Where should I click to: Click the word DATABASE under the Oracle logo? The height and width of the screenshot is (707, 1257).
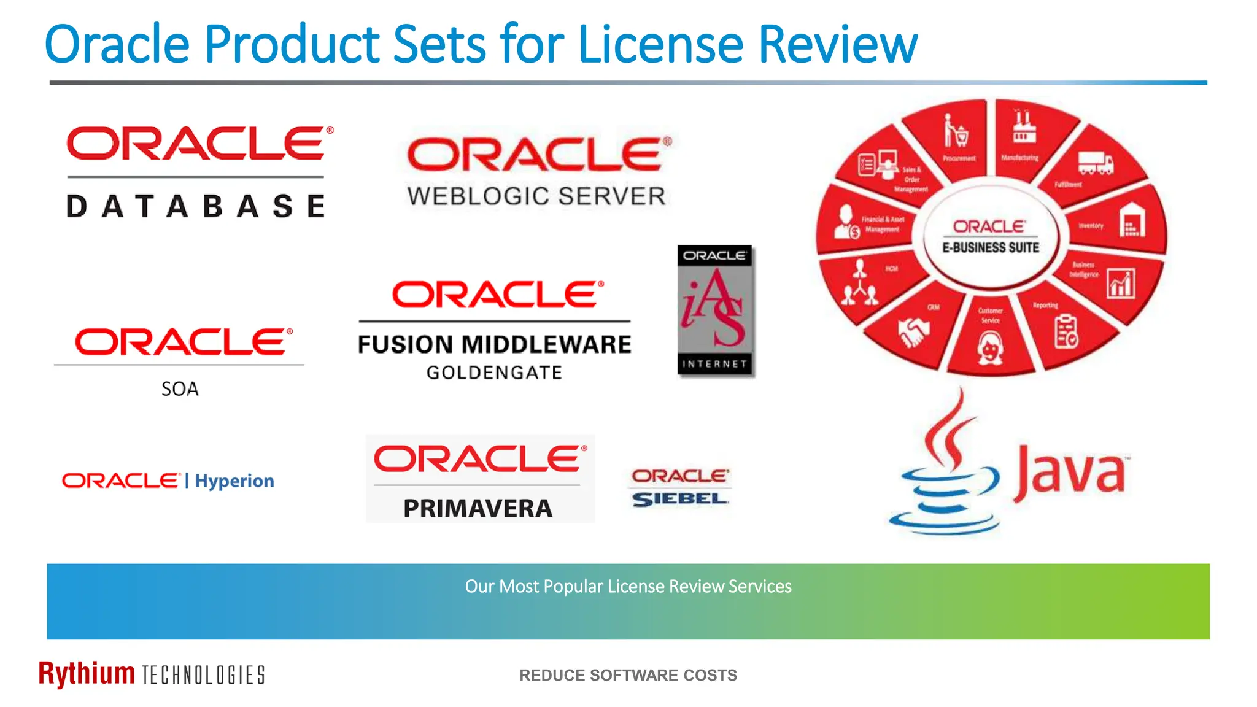(x=195, y=206)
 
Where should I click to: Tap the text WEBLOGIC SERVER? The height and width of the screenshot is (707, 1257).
(x=536, y=196)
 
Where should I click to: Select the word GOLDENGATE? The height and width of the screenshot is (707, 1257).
(x=494, y=373)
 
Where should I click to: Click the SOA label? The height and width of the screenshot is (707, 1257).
(x=180, y=389)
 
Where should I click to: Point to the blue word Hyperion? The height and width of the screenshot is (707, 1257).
(x=234, y=481)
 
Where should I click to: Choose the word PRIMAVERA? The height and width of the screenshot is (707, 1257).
(x=478, y=508)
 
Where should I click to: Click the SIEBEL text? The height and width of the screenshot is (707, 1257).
(x=680, y=500)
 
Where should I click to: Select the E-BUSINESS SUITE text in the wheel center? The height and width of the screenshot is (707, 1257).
(x=991, y=247)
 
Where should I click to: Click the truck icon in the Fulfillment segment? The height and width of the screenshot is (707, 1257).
(x=1096, y=163)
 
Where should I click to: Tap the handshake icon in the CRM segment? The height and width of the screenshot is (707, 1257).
(x=913, y=332)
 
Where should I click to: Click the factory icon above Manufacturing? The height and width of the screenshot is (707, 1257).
(x=1023, y=128)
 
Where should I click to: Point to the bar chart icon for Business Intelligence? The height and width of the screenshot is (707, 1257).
(x=1121, y=284)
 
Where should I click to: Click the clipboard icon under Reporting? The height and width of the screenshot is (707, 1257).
(x=1066, y=331)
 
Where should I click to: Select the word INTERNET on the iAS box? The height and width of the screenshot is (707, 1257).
(x=714, y=364)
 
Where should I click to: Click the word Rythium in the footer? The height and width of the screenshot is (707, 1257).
(x=87, y=673)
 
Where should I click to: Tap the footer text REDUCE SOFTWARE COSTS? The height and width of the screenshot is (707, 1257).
(x=628, y=675)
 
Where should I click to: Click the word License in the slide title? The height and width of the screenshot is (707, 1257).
(x=660, y=44)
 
